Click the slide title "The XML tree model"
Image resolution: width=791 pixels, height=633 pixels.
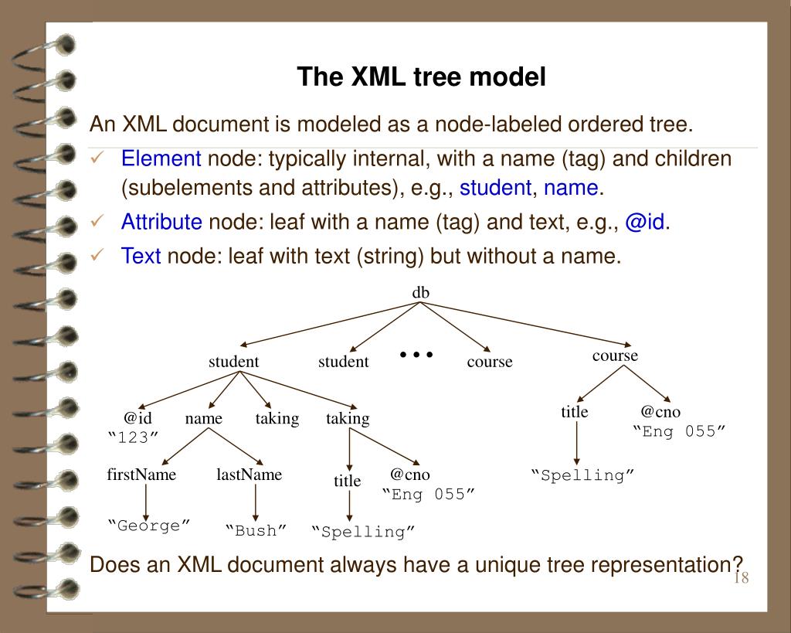click(422, 77)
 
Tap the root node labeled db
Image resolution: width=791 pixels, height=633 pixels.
click(421, 291)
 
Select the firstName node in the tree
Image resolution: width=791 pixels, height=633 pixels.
click(141, 475)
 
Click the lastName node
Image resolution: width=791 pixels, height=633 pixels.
click(249, 475)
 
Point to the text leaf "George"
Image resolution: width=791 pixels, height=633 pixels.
click(149, 526)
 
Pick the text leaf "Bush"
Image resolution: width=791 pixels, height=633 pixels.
click(256, 530)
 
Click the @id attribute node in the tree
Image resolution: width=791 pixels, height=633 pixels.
click(137, 417)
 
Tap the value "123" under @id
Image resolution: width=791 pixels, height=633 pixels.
click(132, 436)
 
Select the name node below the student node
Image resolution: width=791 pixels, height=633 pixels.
click(204, 418)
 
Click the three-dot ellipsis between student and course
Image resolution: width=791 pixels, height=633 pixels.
click(416, 355)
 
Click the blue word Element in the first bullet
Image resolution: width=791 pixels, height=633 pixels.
click(161, 159)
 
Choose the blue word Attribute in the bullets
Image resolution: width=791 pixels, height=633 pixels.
click(161, 223)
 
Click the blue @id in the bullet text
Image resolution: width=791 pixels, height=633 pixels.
click(645, 223)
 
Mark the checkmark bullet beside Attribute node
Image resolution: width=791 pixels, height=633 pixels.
click(98, 223)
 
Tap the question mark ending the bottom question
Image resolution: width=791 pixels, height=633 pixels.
click(738, 563)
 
